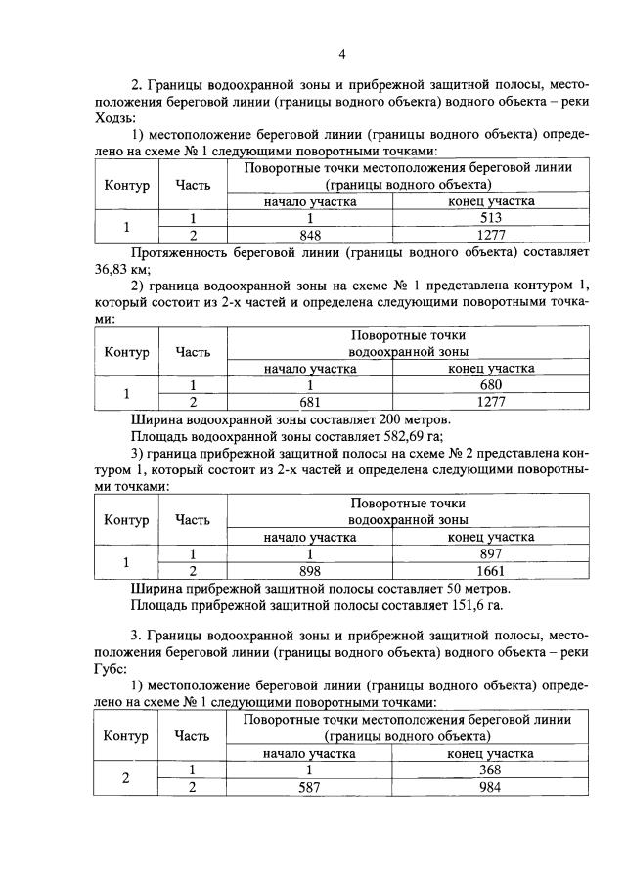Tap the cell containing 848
[x=309, y=236]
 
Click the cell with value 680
[x=490, y=385]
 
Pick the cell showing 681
[x=309, y=402]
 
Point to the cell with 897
[x=490, y=553]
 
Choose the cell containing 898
[x=309, y=570]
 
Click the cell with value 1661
[x=490, y=570]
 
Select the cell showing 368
[x=490, y=770]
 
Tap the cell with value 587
[x=309, y=787]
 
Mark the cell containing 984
[x=490, y=787]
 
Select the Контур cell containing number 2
[x=125, y=778]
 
